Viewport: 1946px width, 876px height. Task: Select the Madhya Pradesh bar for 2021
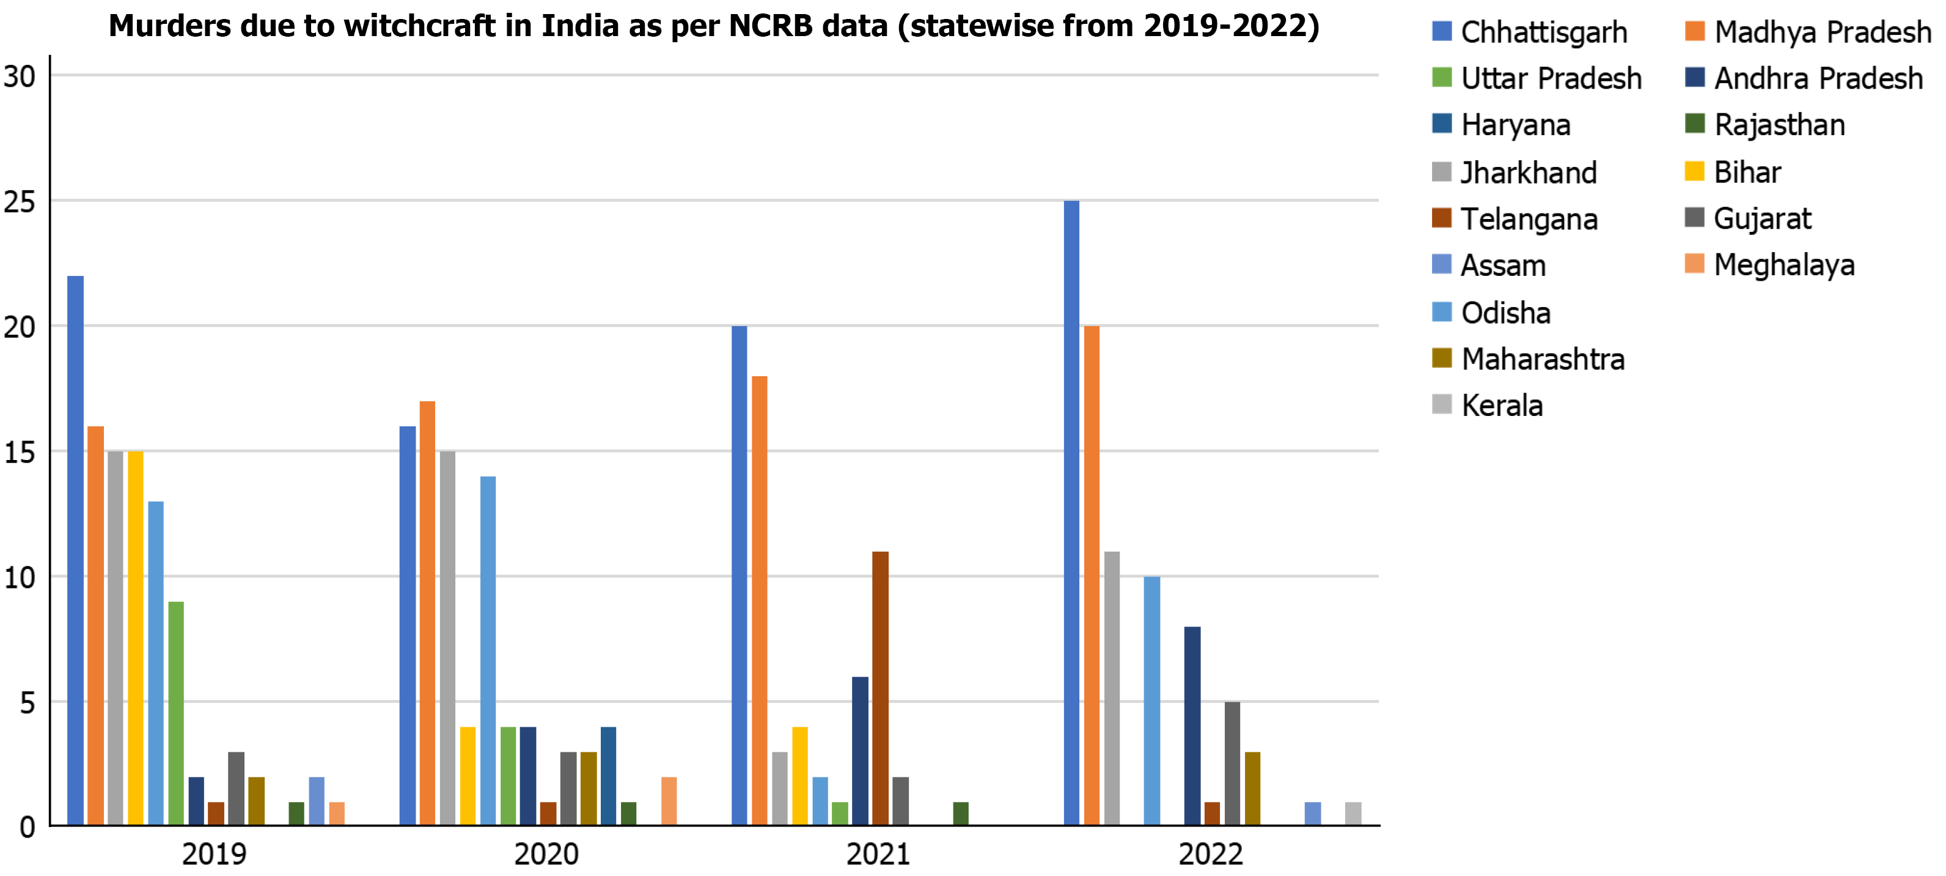coord(759,600)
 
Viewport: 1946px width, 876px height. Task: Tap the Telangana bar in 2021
coord(880,688)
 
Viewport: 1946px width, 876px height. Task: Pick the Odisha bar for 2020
coord(488,650)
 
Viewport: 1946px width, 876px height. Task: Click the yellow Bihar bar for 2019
coord(135,638)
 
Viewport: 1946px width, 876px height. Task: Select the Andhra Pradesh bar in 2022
coord(1192,726)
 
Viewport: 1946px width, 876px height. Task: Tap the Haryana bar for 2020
coord(608,776)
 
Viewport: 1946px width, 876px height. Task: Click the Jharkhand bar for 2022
coord(1112,688)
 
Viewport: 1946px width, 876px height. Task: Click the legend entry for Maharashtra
coord(1542,359)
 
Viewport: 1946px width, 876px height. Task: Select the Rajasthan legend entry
coord(1779,125)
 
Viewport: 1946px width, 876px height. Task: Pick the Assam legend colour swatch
coord(1441,264)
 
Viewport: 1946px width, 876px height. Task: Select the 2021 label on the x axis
coord(878,854)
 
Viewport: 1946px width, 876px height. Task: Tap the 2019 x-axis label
coord(214,854)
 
